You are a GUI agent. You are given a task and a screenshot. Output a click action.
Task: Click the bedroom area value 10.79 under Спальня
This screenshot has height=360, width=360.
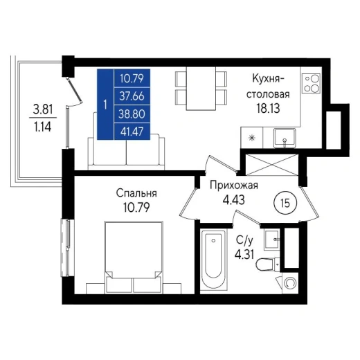coord(136,207)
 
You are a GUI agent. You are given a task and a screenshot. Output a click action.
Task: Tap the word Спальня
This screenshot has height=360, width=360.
coord(136,193)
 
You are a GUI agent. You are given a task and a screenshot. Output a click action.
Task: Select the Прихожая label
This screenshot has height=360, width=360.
coord(234,186)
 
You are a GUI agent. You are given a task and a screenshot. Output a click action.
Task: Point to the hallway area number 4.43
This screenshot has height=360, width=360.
coord(234,199)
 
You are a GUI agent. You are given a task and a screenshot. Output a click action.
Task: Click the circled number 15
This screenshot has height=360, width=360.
coord(285,204)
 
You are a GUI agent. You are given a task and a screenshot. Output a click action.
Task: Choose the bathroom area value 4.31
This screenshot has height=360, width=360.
coord(244,255)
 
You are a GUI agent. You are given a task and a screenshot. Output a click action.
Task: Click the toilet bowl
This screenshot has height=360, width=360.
coord(268,264)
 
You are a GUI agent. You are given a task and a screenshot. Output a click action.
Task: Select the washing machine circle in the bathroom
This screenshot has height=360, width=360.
coord(290,283)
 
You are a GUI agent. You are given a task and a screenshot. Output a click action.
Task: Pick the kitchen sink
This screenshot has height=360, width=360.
coord(285,138)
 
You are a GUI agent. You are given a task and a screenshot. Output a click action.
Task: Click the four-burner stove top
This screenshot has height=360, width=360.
coord(312,83)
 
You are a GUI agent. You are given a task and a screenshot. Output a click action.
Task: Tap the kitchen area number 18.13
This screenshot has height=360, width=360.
coord(268,108)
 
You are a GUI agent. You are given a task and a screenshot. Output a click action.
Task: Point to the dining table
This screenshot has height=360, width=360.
coord(201,89)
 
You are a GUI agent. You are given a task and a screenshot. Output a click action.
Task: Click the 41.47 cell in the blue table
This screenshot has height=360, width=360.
coord(132,132)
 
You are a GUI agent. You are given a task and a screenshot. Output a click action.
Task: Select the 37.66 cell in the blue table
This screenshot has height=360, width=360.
coord(132,96)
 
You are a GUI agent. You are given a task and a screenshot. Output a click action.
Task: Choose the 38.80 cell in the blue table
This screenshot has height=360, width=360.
coord(132,114)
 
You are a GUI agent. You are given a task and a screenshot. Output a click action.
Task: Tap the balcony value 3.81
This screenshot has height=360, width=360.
coord(43,109)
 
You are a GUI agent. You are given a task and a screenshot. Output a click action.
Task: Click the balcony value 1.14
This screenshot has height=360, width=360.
coord(43,127)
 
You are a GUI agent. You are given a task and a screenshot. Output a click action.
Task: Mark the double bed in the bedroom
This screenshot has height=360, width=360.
coord(134,258)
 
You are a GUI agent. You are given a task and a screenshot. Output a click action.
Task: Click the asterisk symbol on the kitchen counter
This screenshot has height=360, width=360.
coord(252,138)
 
